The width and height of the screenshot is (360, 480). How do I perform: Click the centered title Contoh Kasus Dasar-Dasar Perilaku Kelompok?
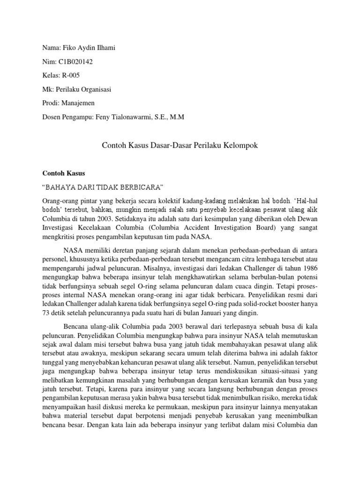pos(180,146)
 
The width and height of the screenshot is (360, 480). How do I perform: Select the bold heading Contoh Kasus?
pos(61,173)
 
